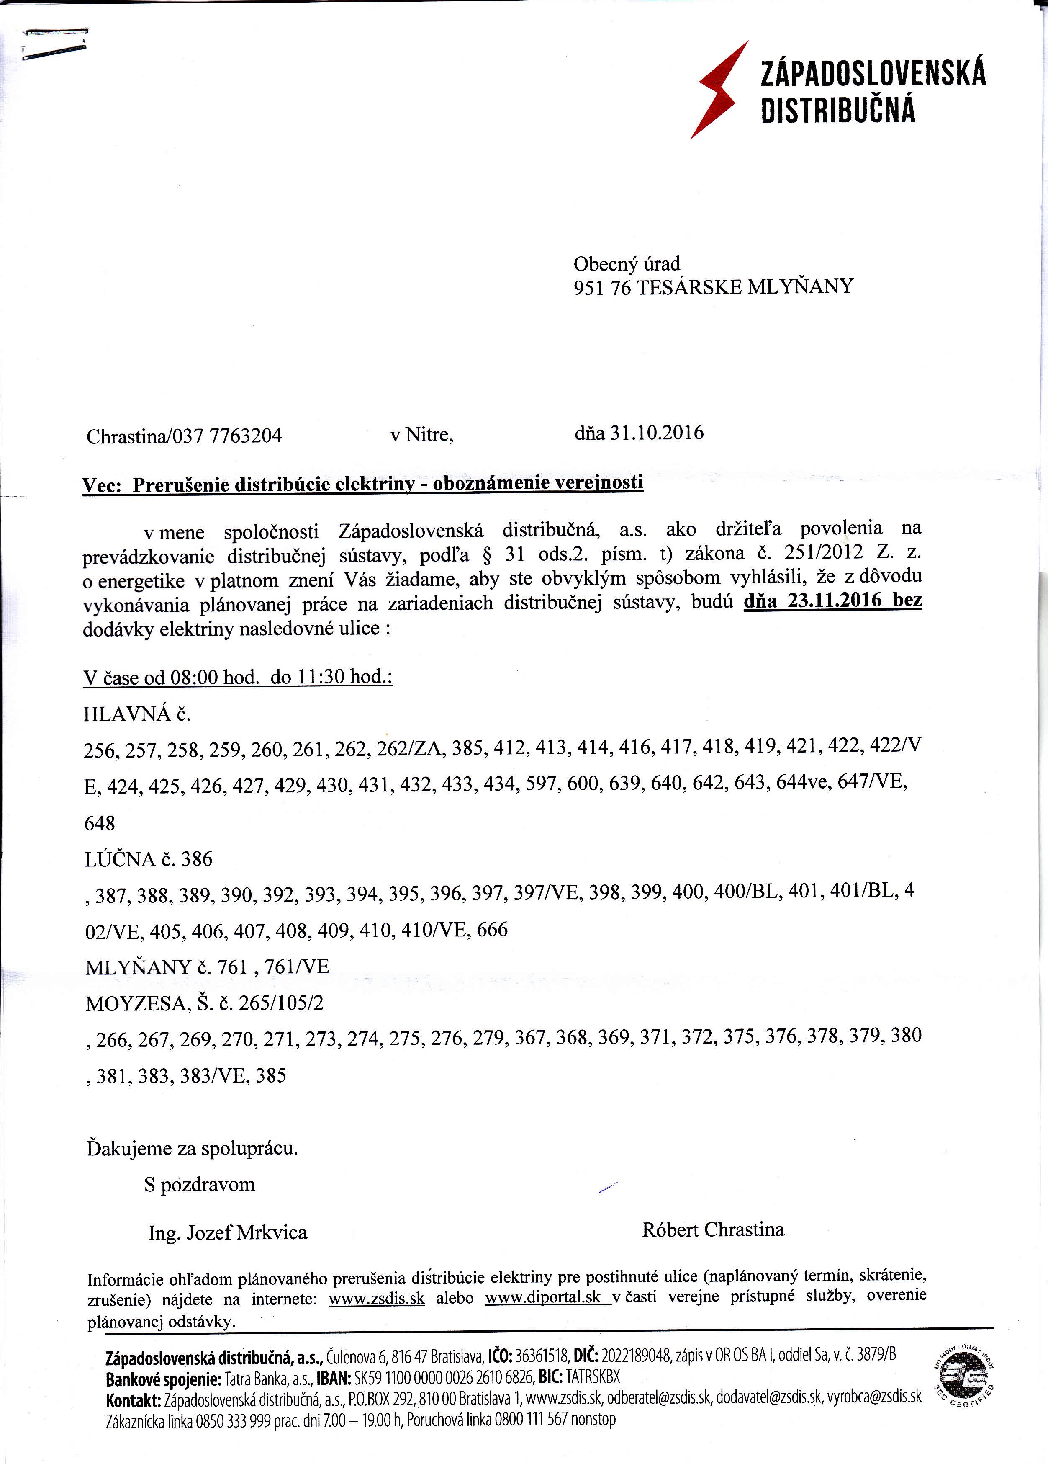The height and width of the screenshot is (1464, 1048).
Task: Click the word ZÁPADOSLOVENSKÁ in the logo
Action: coord(873,73)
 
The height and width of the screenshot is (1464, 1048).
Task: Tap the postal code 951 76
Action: coord(601,287)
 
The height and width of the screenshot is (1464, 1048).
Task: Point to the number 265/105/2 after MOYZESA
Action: coord(281,1003)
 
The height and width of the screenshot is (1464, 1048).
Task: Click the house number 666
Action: coord(492,930)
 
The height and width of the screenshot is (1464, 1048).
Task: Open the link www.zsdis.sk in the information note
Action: coord(376,1299)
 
